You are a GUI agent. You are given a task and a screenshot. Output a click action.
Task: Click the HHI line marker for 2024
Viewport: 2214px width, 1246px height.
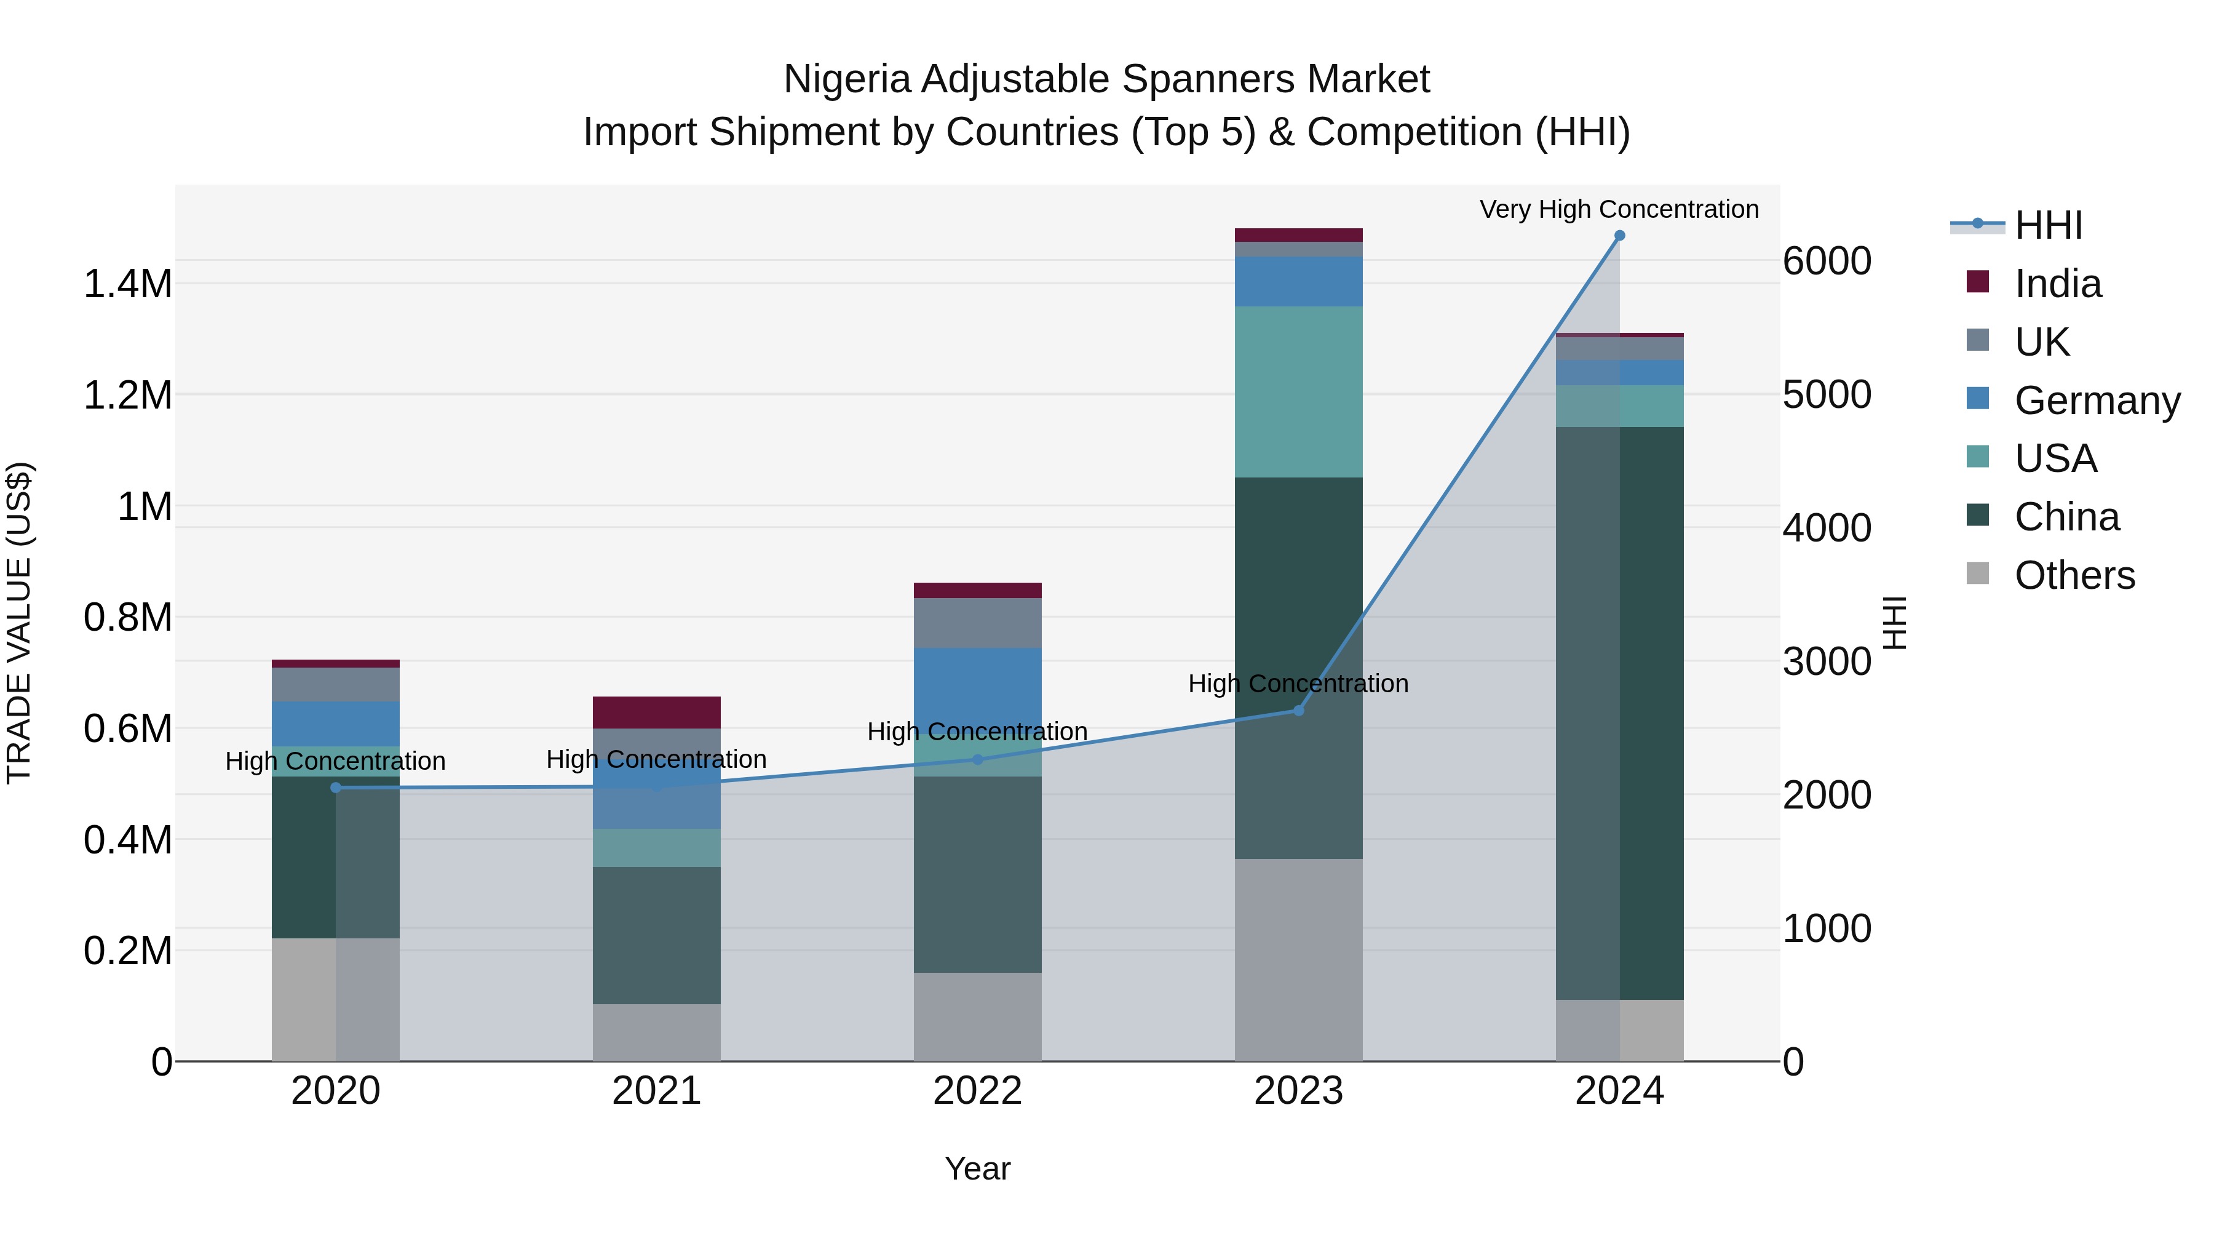[1619, 236]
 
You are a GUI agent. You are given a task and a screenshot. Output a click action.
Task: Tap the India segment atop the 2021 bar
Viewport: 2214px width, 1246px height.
[657, 713]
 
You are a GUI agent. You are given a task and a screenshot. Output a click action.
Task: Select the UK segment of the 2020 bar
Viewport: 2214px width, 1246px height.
[335, 684]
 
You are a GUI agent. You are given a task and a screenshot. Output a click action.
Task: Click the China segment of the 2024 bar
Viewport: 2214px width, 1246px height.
[1619, 713]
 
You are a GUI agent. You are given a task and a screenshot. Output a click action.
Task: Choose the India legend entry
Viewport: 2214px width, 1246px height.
[2058, 284]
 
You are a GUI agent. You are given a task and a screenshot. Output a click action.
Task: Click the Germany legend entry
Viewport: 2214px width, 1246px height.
[2097, 401]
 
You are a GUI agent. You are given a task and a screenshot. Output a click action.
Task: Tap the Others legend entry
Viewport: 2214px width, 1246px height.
[2074, 575]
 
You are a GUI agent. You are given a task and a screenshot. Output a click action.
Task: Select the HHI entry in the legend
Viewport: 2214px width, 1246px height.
[2048, 225]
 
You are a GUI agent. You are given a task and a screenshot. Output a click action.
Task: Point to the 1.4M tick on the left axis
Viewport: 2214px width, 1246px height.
[128, 284]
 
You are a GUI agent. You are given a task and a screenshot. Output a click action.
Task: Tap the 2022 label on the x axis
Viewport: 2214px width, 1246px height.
[977, 1091]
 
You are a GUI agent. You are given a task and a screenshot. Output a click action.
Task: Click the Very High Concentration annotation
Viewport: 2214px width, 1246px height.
[1619, 209]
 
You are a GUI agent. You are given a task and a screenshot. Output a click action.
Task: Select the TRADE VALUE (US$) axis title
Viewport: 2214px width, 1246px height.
[19, 623]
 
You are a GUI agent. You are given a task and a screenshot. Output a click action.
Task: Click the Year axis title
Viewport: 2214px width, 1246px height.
[977, 1168]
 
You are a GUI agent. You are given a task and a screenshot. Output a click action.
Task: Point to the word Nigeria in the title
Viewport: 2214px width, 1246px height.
[847, 79]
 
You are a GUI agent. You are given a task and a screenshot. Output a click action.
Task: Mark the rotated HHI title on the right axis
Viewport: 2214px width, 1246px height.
[1894, 623]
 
